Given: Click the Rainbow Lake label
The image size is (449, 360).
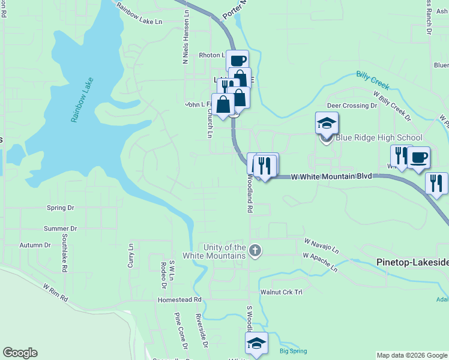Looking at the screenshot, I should click(x=83, y=99).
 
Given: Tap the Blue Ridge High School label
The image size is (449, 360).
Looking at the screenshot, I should click(x=379, y=137).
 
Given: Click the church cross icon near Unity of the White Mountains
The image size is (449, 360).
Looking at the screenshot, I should click(x=255, y=250).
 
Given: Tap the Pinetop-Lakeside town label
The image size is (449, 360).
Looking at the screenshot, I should click(x=412, y=263).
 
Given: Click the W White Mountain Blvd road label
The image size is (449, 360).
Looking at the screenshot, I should click(x=331, y=176).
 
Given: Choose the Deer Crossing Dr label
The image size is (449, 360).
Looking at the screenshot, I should click(x=351, y=106).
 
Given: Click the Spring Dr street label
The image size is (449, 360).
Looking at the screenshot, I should click(x=60, y=208).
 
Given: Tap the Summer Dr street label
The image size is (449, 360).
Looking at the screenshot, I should click(x=61, y=229).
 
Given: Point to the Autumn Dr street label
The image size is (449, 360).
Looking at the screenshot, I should click(x=35, y=245).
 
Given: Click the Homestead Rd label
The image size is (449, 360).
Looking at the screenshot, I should click(x=179, y=299).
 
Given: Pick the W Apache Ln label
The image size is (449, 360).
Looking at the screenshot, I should click(x=320, y=262).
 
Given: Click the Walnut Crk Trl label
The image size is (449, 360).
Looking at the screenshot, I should click(x=279, y=292).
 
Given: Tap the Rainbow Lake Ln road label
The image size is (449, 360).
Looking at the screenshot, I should click(x=140, y=15).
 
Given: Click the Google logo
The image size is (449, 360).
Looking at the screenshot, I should click(x=20, y=353).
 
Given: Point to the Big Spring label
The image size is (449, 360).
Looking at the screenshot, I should click(x=293, y=351).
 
